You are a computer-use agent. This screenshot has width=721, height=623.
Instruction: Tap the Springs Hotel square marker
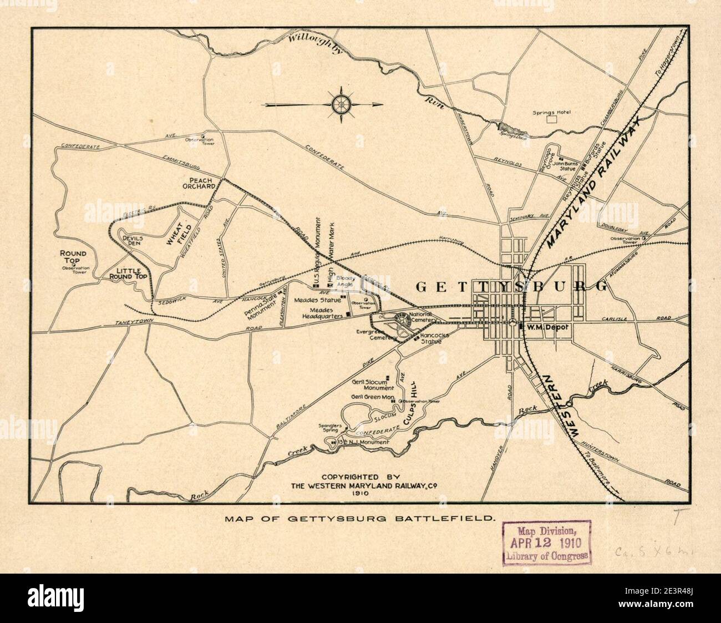(x=551, y=119)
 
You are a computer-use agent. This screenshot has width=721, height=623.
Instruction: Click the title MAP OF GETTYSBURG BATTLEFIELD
(x=359, y=519)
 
